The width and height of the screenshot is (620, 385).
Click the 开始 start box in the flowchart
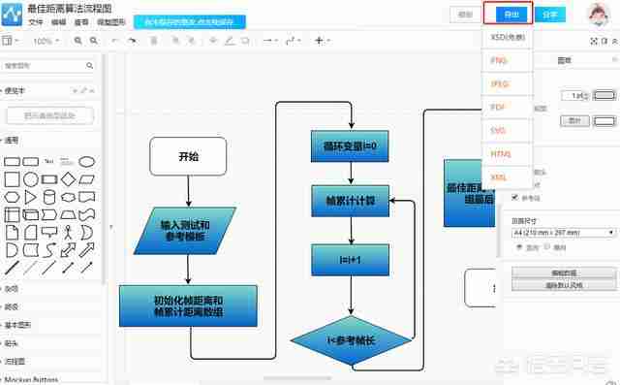(188, 155)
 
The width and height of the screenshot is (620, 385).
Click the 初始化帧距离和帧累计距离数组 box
(188, 305)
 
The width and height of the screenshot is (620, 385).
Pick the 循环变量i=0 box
(350, 146)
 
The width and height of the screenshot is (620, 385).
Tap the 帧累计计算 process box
(350, 202)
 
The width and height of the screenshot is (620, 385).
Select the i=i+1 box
(350, 260)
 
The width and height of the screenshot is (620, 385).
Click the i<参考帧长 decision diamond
(350, 339)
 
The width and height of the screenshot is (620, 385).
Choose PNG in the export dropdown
(500, 60)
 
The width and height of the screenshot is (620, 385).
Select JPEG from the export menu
(500, 83)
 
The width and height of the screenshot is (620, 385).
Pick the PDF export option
(500, 107)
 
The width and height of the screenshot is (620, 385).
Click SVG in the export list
(500, 130)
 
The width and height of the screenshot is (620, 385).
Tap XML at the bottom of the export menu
(500, 177)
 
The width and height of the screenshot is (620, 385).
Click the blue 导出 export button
(511, 15)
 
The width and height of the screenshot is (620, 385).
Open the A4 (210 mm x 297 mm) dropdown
(563, 233)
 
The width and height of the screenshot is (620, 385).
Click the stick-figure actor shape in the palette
(68, 233)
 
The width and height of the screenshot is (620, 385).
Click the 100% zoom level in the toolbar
(43, 41)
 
